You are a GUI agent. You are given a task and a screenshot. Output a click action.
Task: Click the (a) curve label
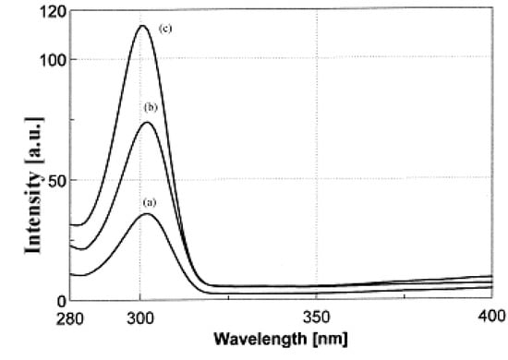coord(148,200)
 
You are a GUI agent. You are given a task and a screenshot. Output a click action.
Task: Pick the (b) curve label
coord(151,108)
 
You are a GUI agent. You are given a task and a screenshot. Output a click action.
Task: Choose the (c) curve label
coord(166,29)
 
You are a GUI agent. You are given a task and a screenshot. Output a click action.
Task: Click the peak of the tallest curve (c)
coord(142,26)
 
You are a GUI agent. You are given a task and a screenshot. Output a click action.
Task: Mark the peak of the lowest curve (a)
coord(147,214)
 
